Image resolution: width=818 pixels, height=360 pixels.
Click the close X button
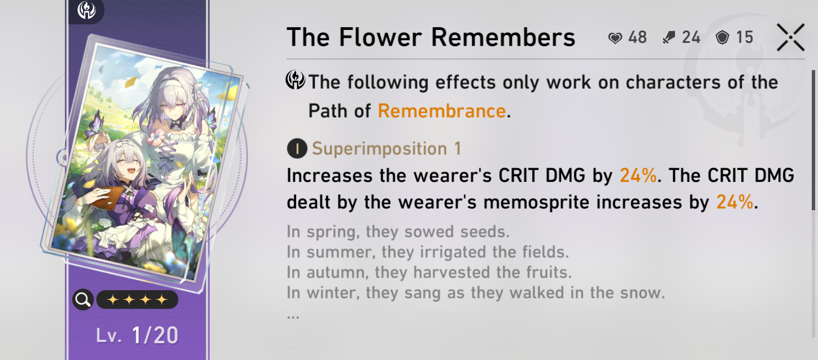click(791, 37)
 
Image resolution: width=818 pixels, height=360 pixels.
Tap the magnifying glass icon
click(83, 300)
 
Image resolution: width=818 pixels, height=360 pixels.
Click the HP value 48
click(637, 37)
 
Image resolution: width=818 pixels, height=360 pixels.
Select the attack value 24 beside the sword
click(691, 37)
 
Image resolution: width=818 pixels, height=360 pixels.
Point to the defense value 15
click(744, 37)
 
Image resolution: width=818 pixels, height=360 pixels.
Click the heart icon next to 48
click(615, 38)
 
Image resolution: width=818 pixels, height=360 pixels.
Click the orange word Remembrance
click(442, 111)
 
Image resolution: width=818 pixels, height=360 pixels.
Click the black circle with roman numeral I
click(297, 149)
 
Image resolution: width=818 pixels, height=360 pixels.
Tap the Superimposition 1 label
click(386, 149)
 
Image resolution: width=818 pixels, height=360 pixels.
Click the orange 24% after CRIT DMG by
click(638, 175)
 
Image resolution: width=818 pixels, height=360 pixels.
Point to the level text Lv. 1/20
click(137, 335)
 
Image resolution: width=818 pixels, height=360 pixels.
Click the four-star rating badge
click(137, 300)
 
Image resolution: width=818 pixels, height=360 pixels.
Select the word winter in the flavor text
click(333, 293)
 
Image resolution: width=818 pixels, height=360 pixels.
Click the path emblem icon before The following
click(295, 80)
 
